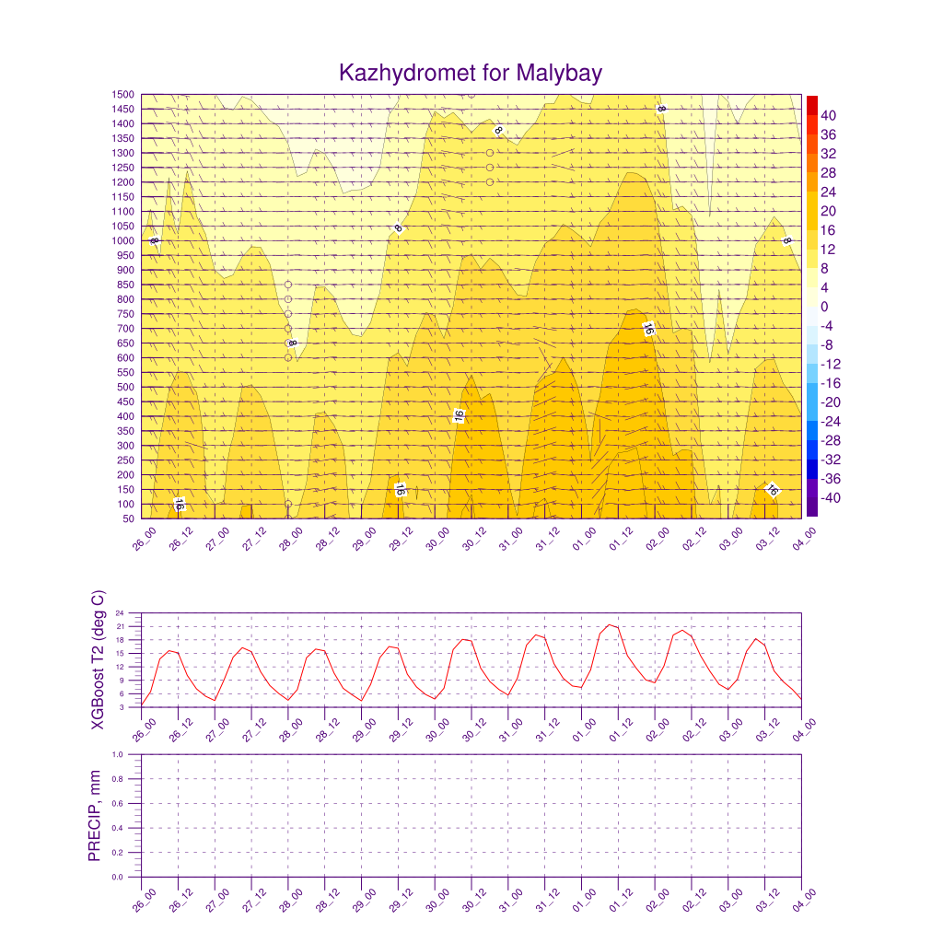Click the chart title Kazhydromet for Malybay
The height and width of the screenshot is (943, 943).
[x=471, y=73]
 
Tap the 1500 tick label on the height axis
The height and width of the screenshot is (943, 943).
[x=123, y=94]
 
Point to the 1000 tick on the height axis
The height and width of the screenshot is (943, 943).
[x=123, y=241]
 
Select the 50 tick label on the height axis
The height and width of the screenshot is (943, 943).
[x=127, y=519]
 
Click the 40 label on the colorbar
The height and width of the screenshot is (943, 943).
[x=828, y=115]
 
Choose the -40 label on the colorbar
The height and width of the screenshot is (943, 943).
[x=830, y=498]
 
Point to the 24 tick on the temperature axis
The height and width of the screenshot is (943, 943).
[x=132, y=613]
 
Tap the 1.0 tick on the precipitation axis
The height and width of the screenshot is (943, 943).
[x=130, y=754]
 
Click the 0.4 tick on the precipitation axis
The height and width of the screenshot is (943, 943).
[x=130, y=828]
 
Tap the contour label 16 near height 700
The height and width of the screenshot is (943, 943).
[x=648, y=329]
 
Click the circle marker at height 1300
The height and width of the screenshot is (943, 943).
[x=490, y=153]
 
